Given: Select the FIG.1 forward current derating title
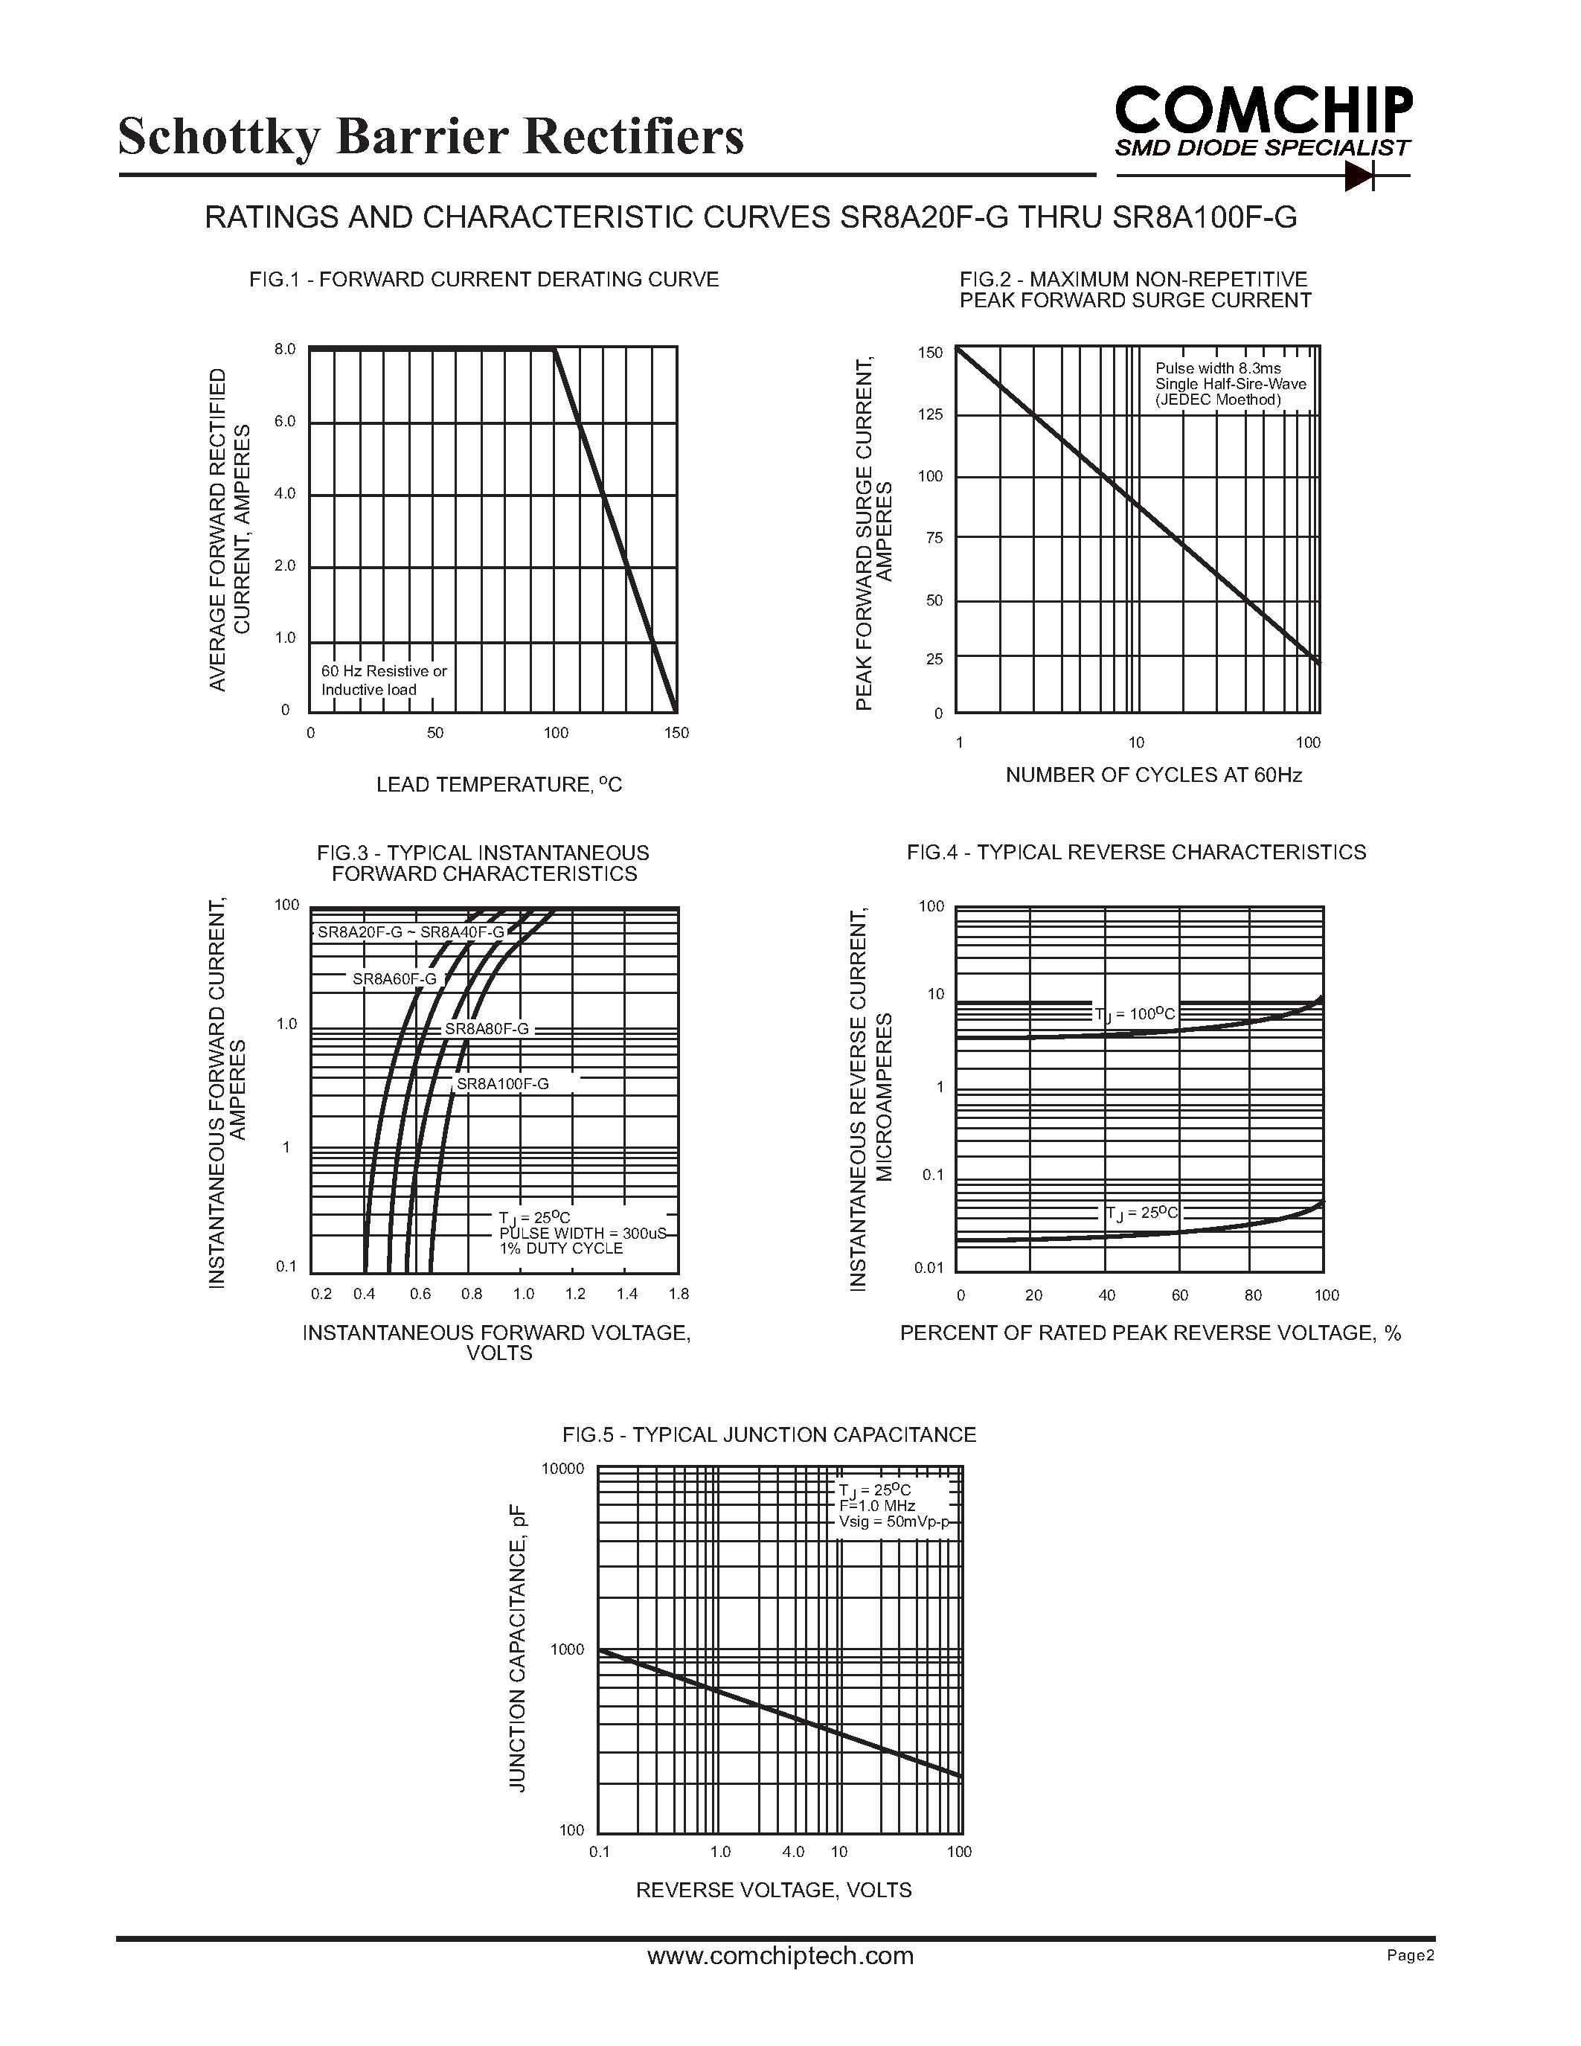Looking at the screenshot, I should click(484, 279).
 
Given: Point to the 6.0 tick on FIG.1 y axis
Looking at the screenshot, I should click(285, 422).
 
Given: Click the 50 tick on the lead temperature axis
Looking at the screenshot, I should click(435, 733).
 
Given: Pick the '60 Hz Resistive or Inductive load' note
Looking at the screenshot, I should click(384, 680).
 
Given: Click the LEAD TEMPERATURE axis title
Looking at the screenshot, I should click(498, 785).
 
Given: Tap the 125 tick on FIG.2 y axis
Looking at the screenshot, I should click(930, 414).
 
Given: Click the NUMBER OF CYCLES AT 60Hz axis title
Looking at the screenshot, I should click(1153, 775).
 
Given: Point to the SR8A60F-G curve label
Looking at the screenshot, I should click(394, 979).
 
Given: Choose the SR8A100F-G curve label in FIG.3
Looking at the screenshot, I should click(503, 1084).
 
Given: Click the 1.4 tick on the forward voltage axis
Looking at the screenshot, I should click(626, 1294).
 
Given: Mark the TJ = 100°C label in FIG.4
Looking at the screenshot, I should click(1135, 1013).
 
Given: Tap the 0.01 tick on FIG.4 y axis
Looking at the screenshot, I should click(929, 1268).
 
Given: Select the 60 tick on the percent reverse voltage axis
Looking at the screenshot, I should click(1180, 1295).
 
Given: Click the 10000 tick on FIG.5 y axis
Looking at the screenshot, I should click(563, 1468).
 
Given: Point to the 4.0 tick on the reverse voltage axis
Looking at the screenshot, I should click(793, 1851).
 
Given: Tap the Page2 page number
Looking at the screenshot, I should click(1411, 1955).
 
